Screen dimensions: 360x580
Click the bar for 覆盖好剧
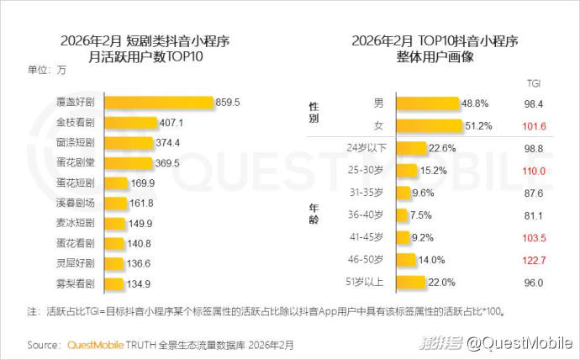pyautogui.click(x=157, y=103)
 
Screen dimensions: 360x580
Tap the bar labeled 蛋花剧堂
pyautogui.click(x=129, y=162)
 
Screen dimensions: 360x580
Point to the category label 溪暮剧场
pyautogui.click(x=75, y=203)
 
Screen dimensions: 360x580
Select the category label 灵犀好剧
pyautogui.click(x=75, y=263)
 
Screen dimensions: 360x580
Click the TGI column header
pyautogui.click(x=534, y=83)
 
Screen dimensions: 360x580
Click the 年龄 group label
pyautogui.click(x=314, y=214)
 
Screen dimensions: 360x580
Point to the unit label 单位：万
pyautogui.click(x=46, y=70)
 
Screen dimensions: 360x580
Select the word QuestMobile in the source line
pyautogui.click(x=93, y=345)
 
